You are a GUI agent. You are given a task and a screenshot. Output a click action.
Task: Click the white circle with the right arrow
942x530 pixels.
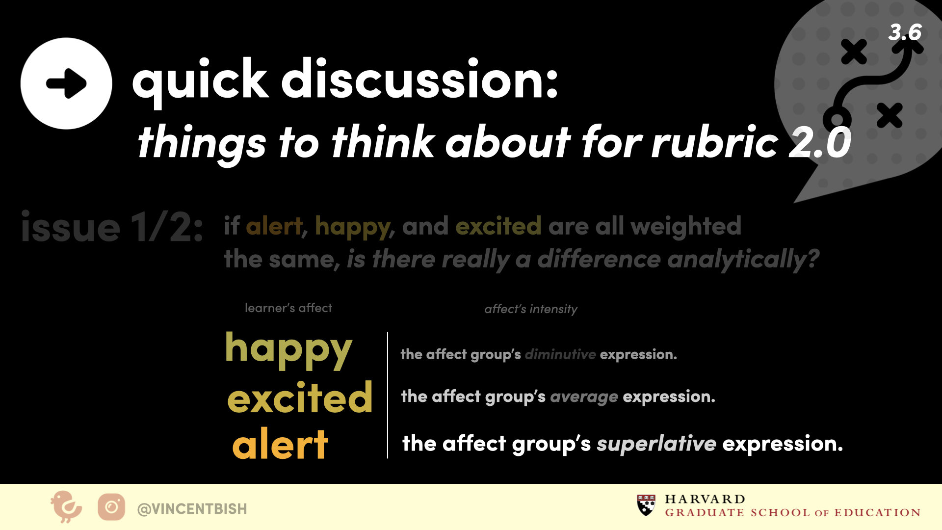coord(66,83)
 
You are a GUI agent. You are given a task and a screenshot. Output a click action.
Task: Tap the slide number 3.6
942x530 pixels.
coord(905,32)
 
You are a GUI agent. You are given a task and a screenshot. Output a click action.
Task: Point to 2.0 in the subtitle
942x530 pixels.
coord(820,142)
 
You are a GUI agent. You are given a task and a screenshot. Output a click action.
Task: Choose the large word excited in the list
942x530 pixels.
coord(300,397)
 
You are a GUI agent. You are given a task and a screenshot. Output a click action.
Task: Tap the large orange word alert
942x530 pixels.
coord(280,444)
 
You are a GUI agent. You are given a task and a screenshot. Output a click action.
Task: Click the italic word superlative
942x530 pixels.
coord(656,444)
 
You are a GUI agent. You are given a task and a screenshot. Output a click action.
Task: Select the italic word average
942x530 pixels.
coord(584,397)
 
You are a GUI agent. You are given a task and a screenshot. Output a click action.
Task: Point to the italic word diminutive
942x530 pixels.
coord(560,354)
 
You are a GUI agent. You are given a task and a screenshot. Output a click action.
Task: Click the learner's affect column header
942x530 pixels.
coord(288,308)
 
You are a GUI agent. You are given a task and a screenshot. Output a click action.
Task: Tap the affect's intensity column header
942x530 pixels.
coord(531,309)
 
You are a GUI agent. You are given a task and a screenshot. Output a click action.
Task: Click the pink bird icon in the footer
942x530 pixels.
coord(66,506)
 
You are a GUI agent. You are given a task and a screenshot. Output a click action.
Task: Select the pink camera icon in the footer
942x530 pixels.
coord(111,507)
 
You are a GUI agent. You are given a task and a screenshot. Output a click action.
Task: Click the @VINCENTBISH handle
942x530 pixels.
coord(192,509)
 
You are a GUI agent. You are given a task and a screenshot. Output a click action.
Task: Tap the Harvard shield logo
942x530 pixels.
coord(646,505)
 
